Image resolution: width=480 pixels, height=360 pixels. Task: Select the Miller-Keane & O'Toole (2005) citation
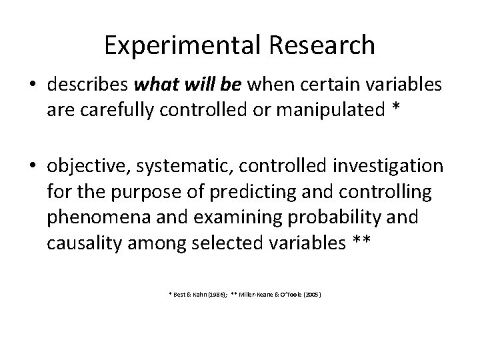coord(280,293)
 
